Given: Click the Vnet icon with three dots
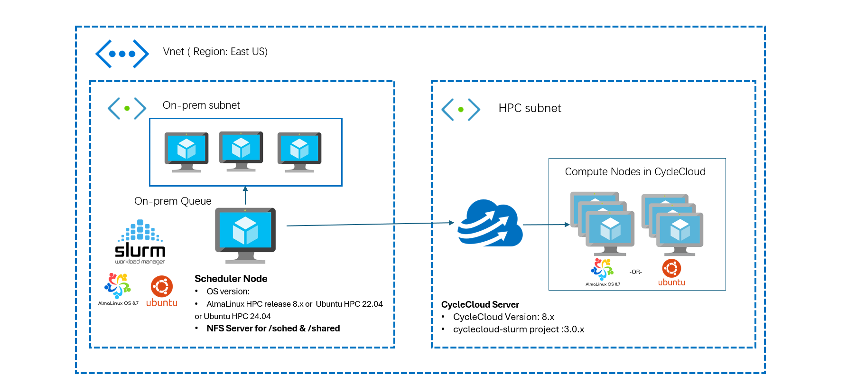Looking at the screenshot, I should [x=122, y=54].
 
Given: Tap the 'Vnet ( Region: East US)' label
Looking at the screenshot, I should [x=215, y=52].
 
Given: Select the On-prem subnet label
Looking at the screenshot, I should [x=201, y=105].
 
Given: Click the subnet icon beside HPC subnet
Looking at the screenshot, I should [x=460, y=109].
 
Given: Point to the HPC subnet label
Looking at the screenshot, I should [x=530, y=108].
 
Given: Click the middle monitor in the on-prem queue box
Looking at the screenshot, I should [x=241, y=151].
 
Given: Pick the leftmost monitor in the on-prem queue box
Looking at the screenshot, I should [x=186, y=152].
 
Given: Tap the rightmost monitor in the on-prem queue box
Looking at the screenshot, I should [x=299, y=152].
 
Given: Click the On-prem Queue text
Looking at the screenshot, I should [x=173, y=201].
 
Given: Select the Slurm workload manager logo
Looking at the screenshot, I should [x=140, y=242].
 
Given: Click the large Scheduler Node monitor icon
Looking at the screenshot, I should [x=245, y=234].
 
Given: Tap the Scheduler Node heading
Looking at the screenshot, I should [x=231, y=279].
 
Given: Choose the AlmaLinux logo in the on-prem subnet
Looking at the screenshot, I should [x=118, y=288].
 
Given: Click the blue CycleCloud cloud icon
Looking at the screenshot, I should [x=489, y=224].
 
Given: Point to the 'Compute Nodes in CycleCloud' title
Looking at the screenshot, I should [x=635, y=172].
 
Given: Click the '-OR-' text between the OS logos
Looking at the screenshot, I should [x=635, y=272].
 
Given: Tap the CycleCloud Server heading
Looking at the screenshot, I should [x=480, y=305].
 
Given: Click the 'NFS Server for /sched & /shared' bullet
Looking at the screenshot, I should [x=273, y=329].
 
